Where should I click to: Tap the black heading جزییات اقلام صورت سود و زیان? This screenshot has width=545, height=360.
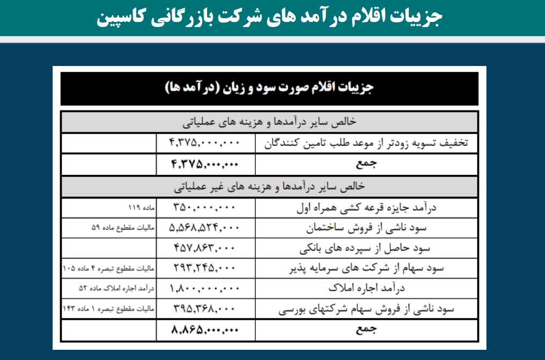click(x=269, y=88)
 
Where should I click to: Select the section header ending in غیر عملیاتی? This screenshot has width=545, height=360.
click(x=269, y=187)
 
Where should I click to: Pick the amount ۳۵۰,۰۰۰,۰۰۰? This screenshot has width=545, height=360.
click(x=205, y=207)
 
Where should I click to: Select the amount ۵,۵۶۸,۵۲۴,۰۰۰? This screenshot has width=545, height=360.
click(x=205, y=227)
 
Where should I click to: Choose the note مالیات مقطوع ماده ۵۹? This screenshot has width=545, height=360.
click(x=123, y=227)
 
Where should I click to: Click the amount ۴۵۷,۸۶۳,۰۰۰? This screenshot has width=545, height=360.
click(x=205, y=248)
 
